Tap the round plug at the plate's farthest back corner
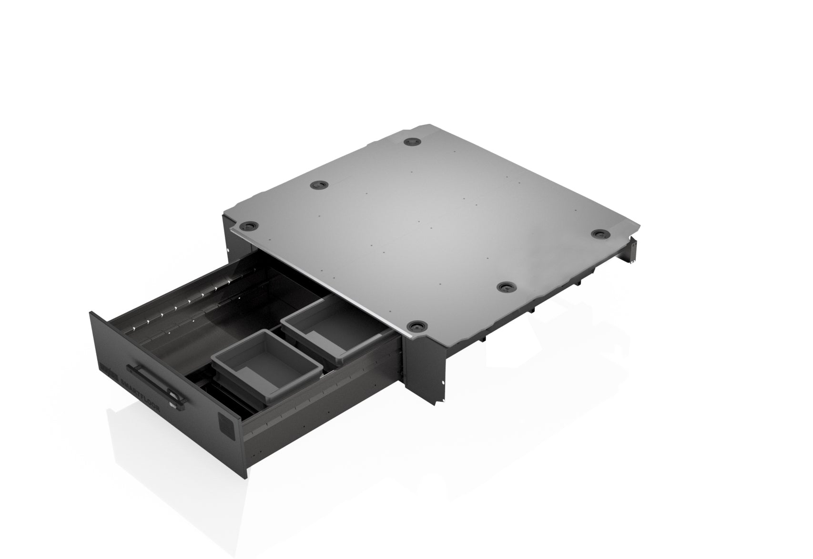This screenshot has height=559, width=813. pos(410,142)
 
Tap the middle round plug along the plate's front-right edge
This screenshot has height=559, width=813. pos(505,287)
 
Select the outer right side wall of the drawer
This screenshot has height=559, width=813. pos(324,396)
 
